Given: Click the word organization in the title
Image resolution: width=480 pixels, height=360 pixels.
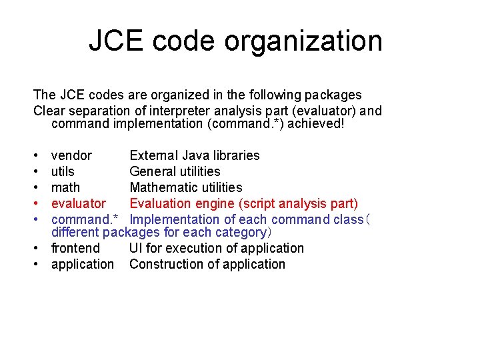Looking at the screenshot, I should tap(303, 41).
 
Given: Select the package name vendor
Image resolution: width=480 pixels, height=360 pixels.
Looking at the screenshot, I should tap(71, 155).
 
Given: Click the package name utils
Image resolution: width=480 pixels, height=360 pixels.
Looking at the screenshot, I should tap(63, 171).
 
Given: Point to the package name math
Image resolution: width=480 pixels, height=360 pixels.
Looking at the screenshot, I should tap(65, 187).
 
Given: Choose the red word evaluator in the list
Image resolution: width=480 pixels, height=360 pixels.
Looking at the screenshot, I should tap(78, 203).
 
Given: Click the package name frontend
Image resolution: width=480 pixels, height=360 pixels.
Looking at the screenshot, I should tap(75, 248).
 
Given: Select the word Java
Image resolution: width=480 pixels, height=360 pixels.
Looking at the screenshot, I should tap(193, 155).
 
